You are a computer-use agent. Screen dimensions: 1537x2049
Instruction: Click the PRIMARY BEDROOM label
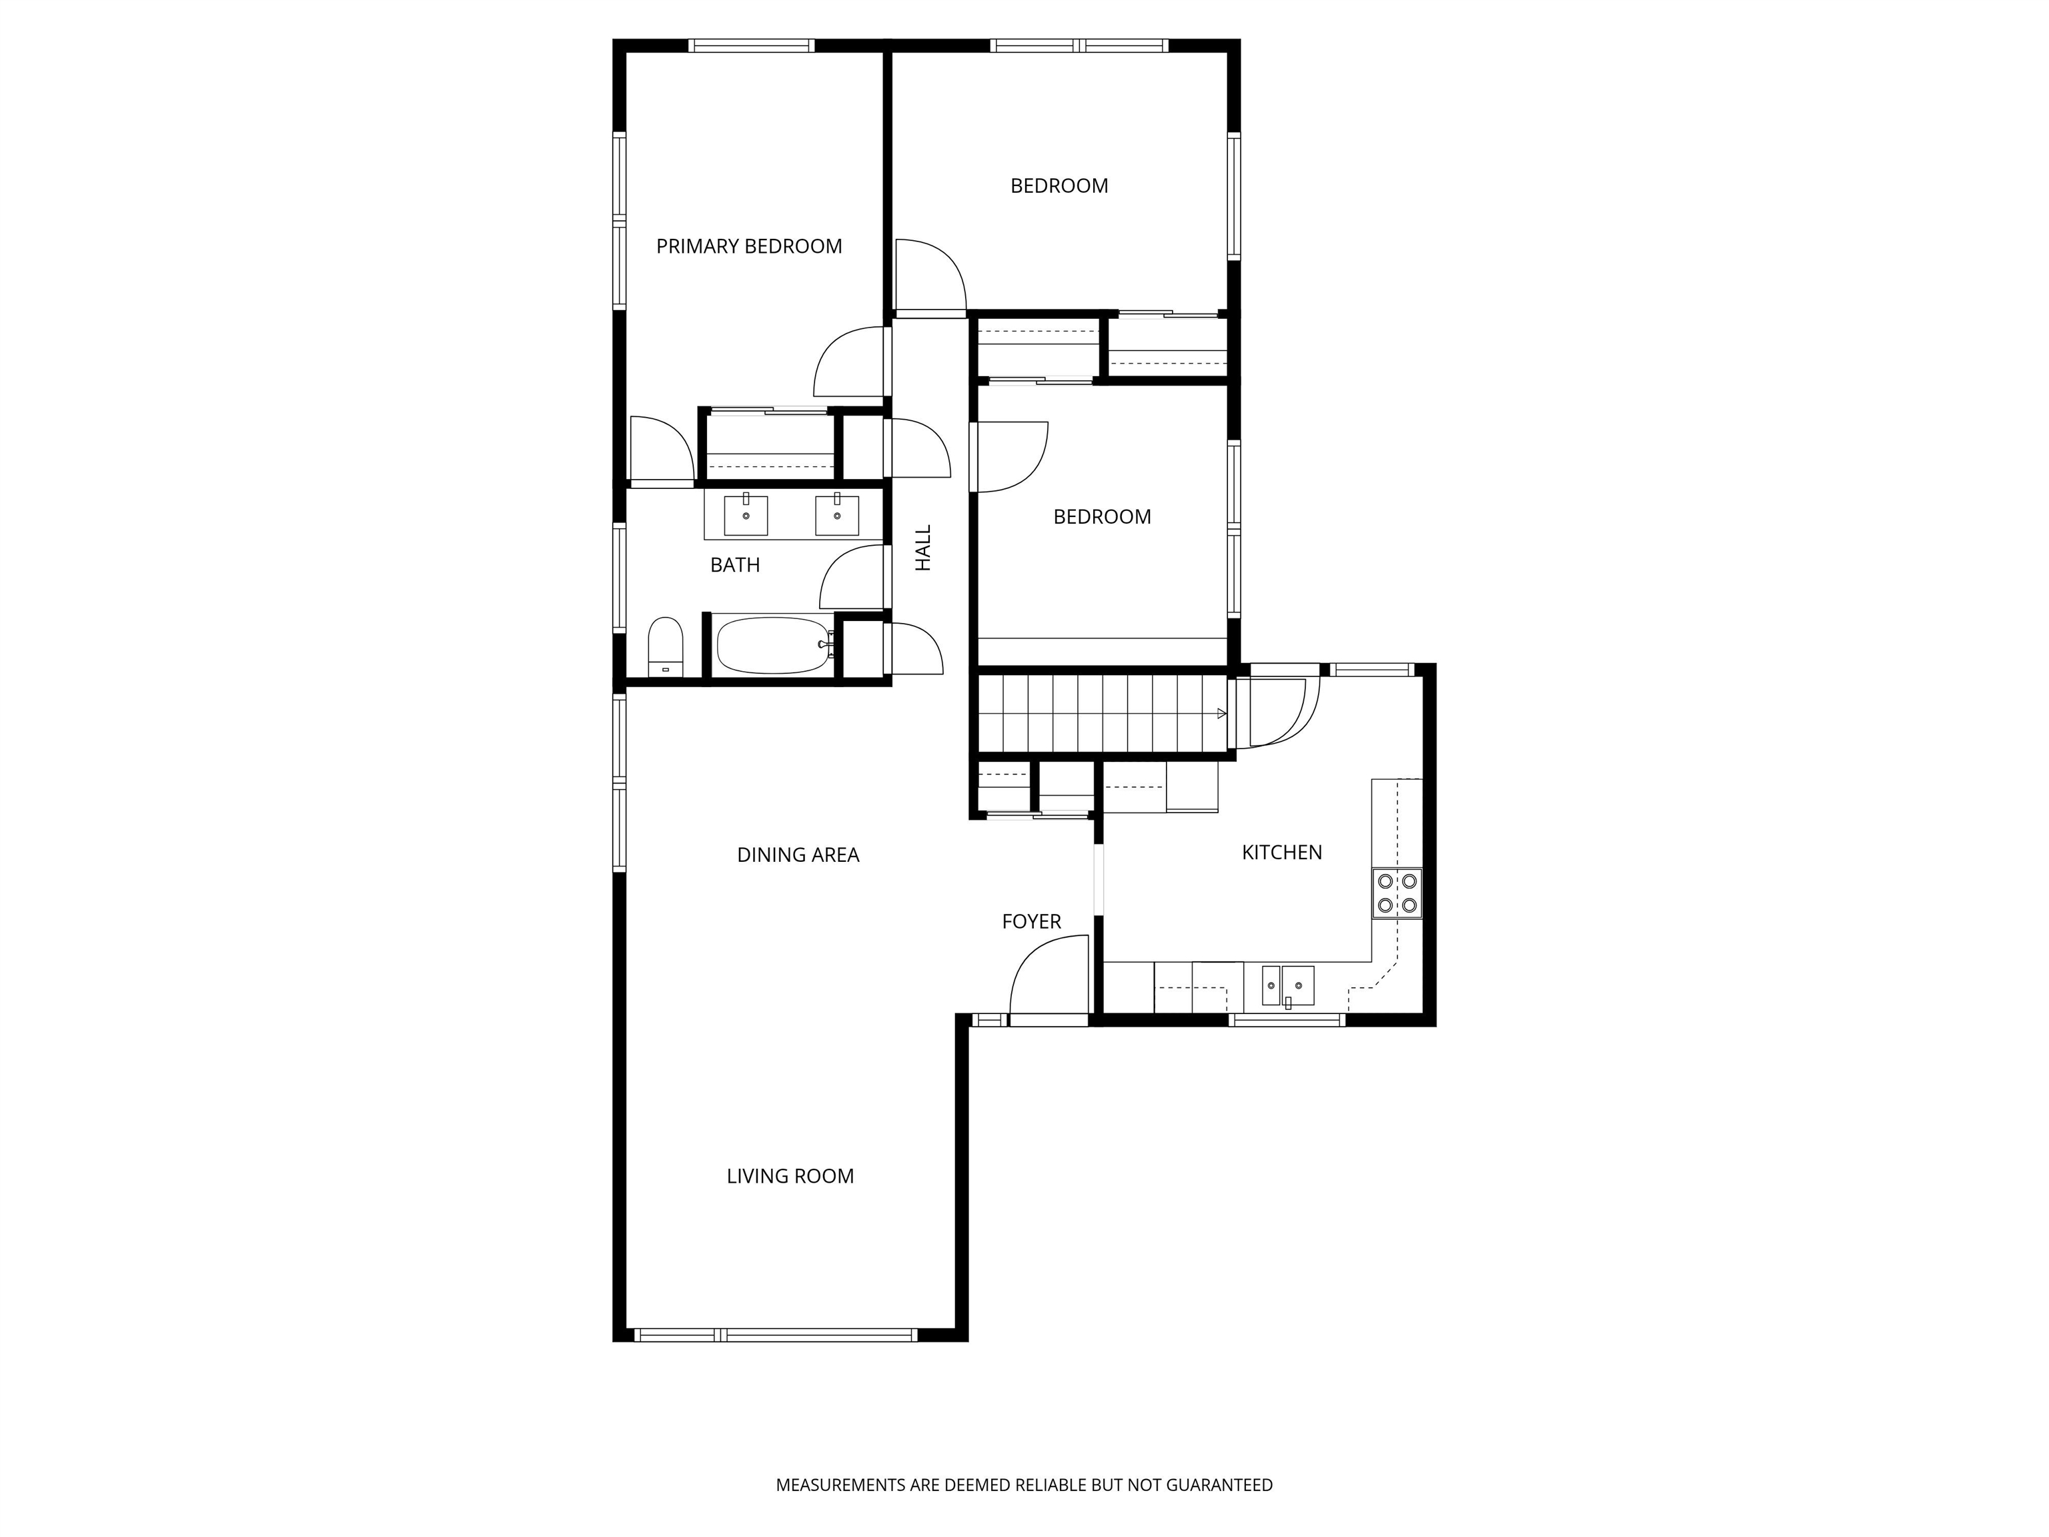(748, 246)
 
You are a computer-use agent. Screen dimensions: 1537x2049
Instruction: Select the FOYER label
(1031, 922)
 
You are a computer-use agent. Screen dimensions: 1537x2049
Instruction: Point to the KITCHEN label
(1281, 853)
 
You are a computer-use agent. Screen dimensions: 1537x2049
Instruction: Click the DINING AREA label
(798, 855)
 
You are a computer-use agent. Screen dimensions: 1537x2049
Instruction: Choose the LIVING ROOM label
(789, 1177)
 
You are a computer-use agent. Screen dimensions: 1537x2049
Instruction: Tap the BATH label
(734, 565)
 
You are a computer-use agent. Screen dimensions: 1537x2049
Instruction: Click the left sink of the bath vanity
(745, 515)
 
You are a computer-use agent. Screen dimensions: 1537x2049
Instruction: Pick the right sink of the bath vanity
(836, 515)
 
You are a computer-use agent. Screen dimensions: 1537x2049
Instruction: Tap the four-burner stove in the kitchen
(1397, 893)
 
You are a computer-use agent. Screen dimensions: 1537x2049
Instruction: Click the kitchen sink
(1287, 986)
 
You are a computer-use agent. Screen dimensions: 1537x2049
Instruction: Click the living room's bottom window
(775, 1335)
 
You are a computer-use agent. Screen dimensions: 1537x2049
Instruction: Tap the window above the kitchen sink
(1287, 1020)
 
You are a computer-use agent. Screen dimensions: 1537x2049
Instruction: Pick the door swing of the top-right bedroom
(929, 275)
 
